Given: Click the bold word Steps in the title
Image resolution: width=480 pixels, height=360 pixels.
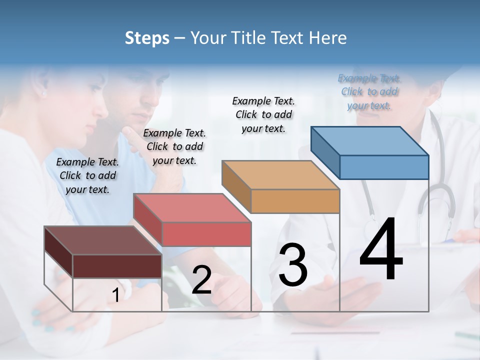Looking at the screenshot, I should coord(147,38).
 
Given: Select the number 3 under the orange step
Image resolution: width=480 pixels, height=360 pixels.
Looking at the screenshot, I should coord(292,264).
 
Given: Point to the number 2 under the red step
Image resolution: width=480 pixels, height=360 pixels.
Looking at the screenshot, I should coord(201,280).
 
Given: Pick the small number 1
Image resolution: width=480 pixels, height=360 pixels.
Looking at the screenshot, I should coord(116,295).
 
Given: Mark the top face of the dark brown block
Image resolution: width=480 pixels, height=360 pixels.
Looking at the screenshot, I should coord(103,240).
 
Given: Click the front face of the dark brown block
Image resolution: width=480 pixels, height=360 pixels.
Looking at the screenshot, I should coord(117,266).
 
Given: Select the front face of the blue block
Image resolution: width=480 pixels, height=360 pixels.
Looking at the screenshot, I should coord(384,167).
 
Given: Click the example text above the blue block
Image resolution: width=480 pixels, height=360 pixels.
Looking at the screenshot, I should coord(369,92).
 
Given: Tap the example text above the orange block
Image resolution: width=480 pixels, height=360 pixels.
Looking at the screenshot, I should coord(263,114).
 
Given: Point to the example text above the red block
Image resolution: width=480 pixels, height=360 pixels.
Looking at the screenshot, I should coord(174,146).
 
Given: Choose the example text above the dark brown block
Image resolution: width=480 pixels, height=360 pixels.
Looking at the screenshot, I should coord(87,175).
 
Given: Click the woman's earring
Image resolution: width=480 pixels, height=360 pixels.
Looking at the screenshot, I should coord(43,93).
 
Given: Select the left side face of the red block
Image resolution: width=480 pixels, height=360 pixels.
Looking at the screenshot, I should coord(147,219).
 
